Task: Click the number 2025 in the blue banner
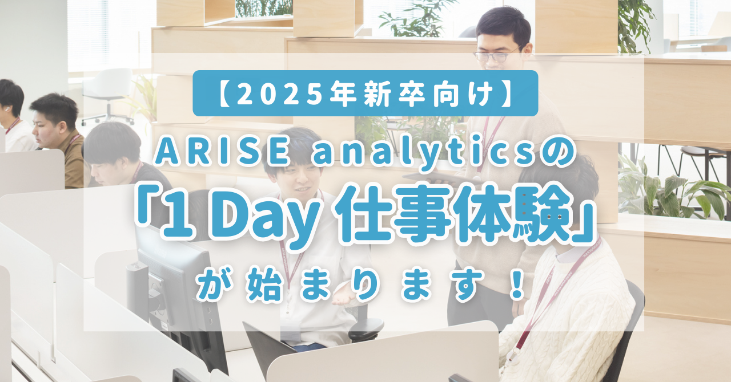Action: [278, 94]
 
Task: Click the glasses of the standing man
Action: [497, 55]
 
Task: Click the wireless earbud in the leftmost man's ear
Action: [5, 109]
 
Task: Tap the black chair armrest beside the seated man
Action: [365, 328]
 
